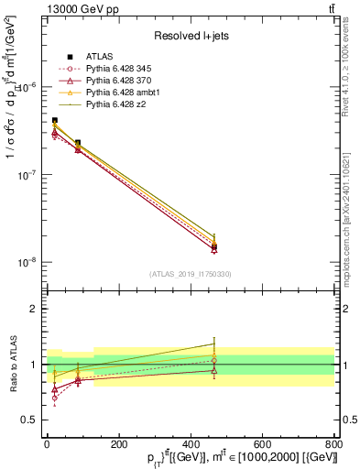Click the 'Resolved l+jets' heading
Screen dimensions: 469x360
(190, 36)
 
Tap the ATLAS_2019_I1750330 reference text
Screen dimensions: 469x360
(190, 274)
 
